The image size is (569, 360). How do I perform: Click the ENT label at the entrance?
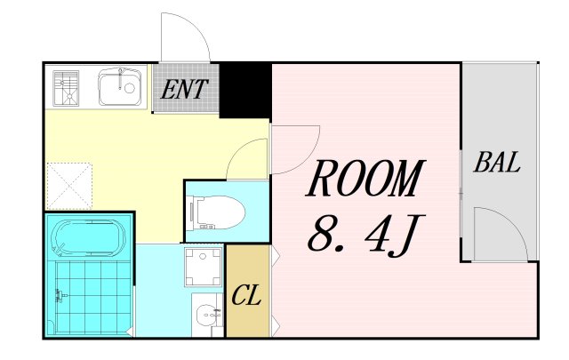pos(184,89)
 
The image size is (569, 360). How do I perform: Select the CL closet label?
pos(246,295)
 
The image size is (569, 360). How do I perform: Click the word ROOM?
pos(365,178)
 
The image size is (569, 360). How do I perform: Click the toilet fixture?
pos(217,212)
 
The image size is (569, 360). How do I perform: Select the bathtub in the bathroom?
pos(90,237)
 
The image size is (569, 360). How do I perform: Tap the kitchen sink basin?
pos(120,86)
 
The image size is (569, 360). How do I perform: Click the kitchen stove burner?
pos(66,89)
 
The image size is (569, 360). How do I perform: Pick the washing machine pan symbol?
pos(203,267)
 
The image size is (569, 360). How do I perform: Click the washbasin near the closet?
pos(207,315)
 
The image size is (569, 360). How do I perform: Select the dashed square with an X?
pos(69,186)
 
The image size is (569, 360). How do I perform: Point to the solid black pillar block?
pos(245,90)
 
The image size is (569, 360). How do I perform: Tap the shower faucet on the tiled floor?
pos(59,295)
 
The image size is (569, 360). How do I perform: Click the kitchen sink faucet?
pos(120,78)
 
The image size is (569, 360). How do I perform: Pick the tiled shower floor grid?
pos(93,297)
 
